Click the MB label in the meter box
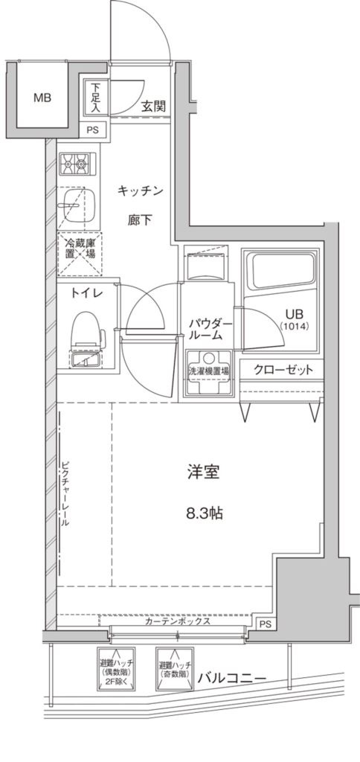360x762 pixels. click(x=41, y=97)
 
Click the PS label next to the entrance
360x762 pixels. click(x=92, y=129)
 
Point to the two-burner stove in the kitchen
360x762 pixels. click(x=77, y=161)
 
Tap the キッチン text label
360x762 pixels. click(x=140, y=191)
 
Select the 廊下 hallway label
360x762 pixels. click(x=139, y=221)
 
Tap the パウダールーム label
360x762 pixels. click(x=210, y=329)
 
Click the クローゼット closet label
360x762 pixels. click(x=283, y=370)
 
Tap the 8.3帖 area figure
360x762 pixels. click(x=203, y=513)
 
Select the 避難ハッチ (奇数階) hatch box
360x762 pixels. click(x=175, y=669)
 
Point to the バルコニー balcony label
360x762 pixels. click(x=232, y=678)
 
